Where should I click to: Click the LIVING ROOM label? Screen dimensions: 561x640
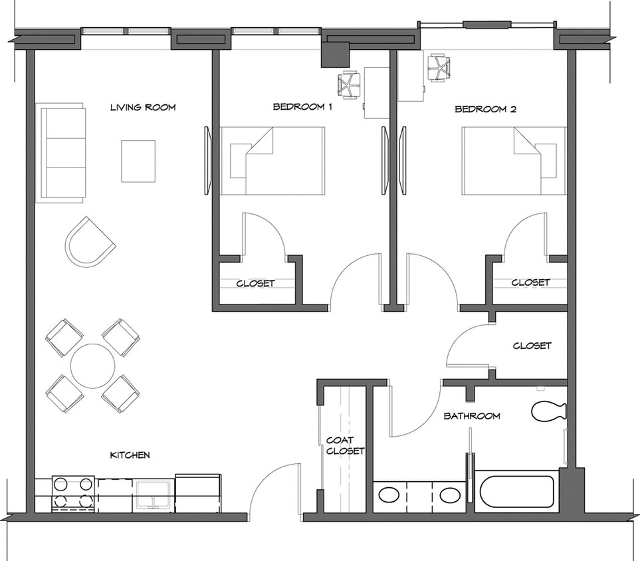click(x=143, y=108)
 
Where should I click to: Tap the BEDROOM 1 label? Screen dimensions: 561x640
click(x=302, y=107)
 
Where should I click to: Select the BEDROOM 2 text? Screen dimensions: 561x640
click(x=485, y=109)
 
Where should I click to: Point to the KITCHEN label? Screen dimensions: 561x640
click(x=130, y=455)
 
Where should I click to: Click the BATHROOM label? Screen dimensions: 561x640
click(x=472, y=416)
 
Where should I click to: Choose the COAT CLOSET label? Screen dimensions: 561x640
click(x=345, y=445)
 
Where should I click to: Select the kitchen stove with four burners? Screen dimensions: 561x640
click(x=73, y=493)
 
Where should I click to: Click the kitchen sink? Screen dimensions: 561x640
click(x=154, y=495)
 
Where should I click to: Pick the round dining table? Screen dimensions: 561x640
click(x=92, y=366)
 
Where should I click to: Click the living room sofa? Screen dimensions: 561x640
click(x=63, y=153)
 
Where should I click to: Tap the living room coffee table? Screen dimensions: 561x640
click(x=138, y=161)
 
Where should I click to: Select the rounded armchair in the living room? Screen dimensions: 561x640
click(x=88, y=242)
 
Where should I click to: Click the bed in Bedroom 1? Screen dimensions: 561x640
click(x=272, y=161)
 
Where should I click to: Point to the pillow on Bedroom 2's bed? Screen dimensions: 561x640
click(x=546, y=160)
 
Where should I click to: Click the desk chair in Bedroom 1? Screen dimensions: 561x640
click(x=348, y=84)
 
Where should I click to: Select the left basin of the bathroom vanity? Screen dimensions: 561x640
click(x=387, y=495)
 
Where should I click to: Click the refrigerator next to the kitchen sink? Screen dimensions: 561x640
click(x=198, y=493)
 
